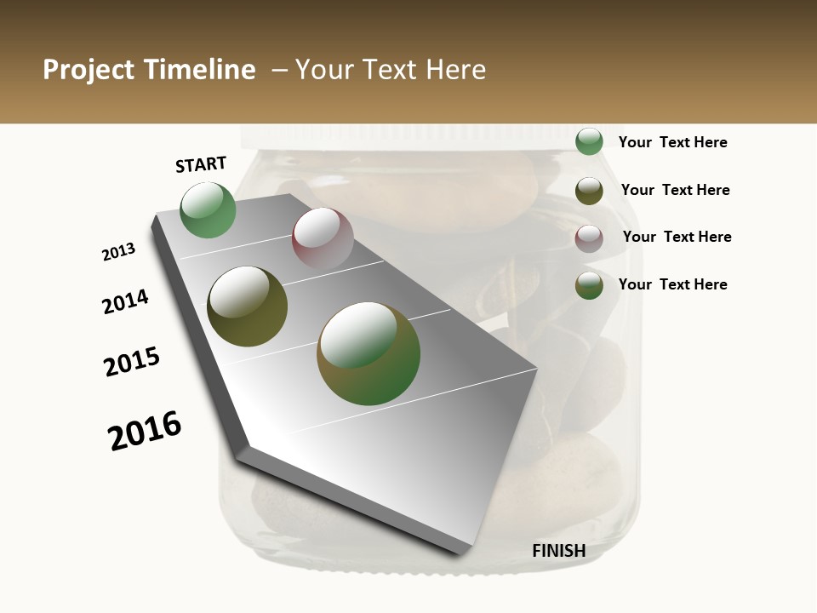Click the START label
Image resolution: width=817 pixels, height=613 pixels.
tap(201, 164)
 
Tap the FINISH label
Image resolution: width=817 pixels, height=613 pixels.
tap(558, 551)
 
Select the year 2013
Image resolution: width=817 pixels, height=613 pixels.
tap(118, 252)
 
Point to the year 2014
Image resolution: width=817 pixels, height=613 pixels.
tap(125, 301)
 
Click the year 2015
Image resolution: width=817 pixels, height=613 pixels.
tap(132, 361)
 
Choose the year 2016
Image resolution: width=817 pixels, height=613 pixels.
tap(145, 430)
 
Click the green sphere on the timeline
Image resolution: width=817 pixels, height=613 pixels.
tap(209, 210)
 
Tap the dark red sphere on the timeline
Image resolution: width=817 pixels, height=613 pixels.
tap(323, 238)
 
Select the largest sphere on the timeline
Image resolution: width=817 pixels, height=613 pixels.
tap(369, 352)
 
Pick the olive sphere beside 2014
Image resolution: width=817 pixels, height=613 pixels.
tap(247, 306)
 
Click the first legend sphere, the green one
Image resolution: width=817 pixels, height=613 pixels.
tap(589, 141)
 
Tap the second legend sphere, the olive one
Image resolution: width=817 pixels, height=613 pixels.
tap(589, 191)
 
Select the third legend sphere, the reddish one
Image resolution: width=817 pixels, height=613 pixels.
tap(589, 238)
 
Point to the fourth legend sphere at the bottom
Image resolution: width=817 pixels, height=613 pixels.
tap(589, 285)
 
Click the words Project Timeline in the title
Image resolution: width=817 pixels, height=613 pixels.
tap(149, 70)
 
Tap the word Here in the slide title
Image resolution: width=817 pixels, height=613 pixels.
tap(455, 70)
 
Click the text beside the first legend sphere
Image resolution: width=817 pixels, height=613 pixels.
tap(672, 142)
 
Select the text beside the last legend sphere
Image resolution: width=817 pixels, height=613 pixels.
tap(672, 284)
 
